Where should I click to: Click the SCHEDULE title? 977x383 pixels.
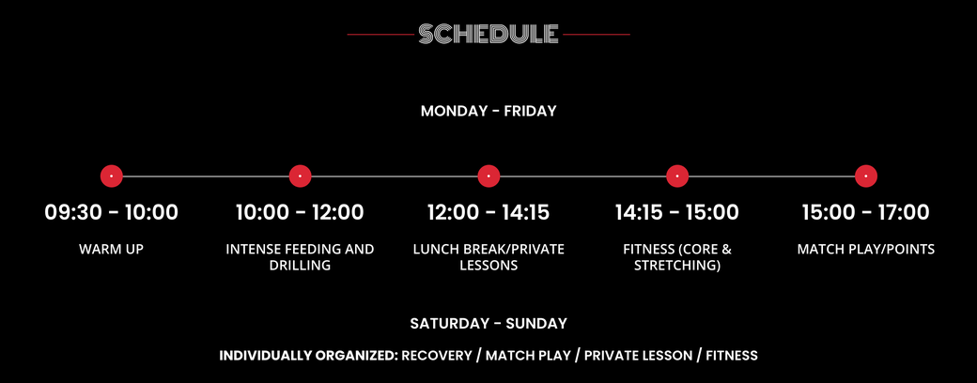[x=488, y=34]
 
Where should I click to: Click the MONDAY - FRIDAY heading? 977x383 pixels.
[x=488, y=112]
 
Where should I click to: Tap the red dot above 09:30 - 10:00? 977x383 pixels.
[x=112, y=176]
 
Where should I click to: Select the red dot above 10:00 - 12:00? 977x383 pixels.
[x=301, y=176]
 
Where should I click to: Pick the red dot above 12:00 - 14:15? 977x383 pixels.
[x=488, y=176]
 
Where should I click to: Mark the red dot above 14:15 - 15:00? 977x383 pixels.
[x=677, y=176]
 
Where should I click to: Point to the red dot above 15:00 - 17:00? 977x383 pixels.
[x=866, y=176]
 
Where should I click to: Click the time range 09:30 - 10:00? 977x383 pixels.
[x=112, y=212]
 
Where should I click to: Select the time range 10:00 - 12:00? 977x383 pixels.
[x=300, y=212]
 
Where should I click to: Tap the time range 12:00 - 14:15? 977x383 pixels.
[x=488, y=212]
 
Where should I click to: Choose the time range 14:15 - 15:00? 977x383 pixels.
[x=677, y=212]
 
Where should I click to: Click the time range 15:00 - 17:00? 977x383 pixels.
[x=866, y=212]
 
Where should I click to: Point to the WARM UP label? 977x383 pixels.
[x=112, y=250]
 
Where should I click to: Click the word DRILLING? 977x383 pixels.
[x=300, y=266]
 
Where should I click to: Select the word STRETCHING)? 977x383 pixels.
[x=677, y=266]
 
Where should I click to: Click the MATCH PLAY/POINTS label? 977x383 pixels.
[x=866, y=250]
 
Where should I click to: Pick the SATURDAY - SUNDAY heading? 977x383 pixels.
[x=488, y=324]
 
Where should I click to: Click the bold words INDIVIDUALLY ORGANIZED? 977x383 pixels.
[x=308, y=356]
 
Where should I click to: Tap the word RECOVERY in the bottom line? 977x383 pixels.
[x=437, y=356]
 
